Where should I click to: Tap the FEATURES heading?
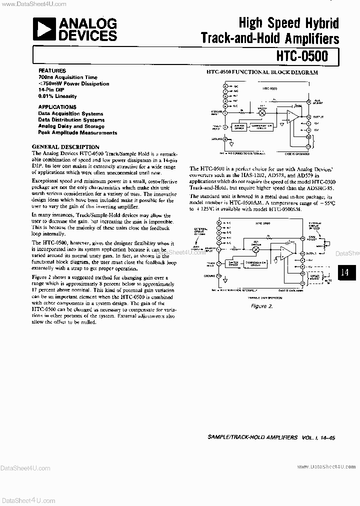point(52,71)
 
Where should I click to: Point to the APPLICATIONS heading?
point(57,107)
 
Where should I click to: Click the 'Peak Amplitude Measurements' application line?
point(77,133)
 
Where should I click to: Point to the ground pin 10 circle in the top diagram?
point(225,140)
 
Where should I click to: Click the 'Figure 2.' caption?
point(261,305)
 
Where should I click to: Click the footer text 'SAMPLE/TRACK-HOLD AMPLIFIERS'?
point(252,437)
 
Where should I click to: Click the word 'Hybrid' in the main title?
point(321,23)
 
